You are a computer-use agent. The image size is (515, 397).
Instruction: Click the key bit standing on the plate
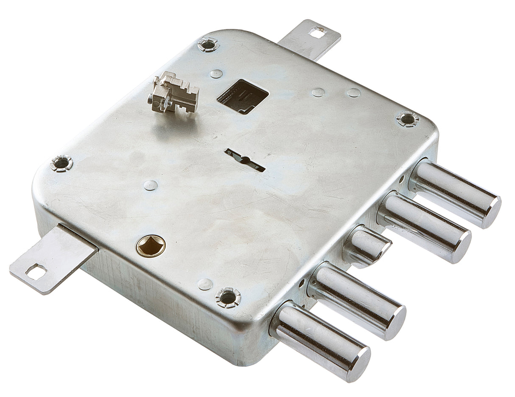point(173,93)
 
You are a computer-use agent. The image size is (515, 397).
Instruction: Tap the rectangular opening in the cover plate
point(243,96)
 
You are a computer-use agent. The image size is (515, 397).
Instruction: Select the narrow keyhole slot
point(245,160)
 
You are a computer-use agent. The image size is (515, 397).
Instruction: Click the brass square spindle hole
point(151,245)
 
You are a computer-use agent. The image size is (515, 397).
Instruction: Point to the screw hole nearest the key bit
point(208,44)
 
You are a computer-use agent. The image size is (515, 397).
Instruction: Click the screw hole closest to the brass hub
point(228,297)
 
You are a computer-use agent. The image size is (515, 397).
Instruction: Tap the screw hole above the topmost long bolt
point(408,119)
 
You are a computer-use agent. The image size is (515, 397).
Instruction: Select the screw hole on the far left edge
point(62,163)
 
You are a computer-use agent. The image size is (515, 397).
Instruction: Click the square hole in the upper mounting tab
point(316,31)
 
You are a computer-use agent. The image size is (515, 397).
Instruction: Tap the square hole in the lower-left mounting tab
point(36,271)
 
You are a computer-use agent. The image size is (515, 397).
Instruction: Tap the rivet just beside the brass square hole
point(205,284)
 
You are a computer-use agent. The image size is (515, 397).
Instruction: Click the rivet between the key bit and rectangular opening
point(216,73)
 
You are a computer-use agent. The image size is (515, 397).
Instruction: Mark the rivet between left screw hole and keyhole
point(151,185)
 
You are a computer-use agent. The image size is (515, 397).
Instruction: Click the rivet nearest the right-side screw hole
point(353,93)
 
